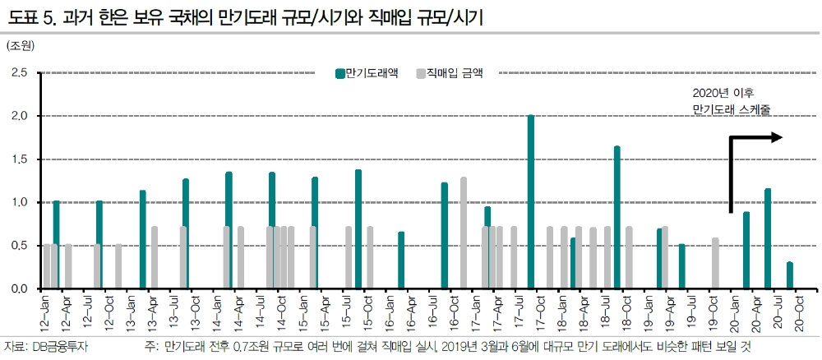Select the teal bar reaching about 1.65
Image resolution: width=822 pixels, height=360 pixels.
click(616, 218)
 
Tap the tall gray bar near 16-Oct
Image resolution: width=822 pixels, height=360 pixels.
click(464, 233)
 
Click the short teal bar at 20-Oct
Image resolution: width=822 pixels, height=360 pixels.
click(789, 276)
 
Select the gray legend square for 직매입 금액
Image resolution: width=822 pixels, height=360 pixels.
click(421, 72)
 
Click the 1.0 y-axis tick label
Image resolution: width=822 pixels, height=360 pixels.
click(20, 202)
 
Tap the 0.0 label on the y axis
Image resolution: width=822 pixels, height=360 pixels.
click(20, 288)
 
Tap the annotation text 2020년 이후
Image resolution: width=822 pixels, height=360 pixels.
click(723, 91)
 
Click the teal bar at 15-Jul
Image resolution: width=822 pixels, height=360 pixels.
click(358, 229)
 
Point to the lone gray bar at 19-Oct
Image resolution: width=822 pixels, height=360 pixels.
click(716, 264)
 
